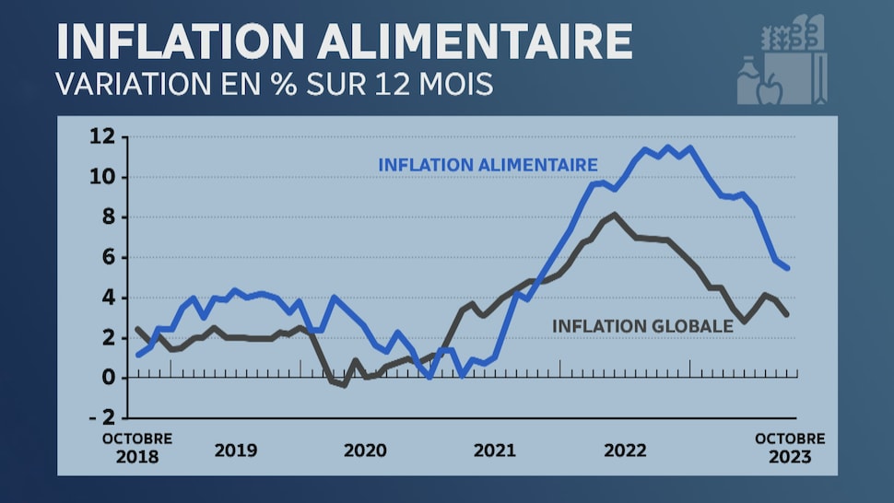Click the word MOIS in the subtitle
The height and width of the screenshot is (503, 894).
[456, 83]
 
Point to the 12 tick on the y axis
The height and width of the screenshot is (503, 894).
[102, 137]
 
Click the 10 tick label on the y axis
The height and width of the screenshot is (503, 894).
[102, 177]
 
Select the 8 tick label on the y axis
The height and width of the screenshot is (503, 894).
[108, 217]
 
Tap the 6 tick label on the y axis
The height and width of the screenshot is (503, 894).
[108, 258]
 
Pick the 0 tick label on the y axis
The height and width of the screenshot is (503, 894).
[108, 378]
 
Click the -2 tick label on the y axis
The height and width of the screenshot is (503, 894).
[102, 418]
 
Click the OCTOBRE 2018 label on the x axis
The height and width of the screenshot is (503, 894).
[136, 448]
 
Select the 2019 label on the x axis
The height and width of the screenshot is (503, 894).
[236, 451]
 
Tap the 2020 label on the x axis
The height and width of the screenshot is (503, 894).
[366, 451]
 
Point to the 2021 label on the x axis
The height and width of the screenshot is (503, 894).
[496, 451]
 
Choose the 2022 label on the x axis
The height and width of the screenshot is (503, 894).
[626, 451]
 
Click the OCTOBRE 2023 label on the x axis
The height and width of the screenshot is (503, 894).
[790, 448]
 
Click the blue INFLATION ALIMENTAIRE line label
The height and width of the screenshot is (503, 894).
[488, 165]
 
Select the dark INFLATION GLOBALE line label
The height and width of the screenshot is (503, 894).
[642, 325]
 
